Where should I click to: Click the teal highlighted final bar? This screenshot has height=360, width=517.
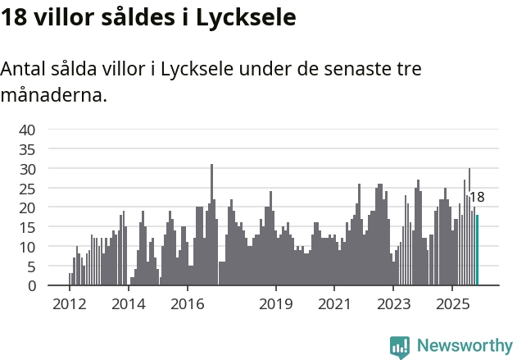click(477, 250)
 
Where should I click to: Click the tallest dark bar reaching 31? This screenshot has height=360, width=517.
click(211, 225)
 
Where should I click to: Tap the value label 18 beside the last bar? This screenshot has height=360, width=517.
click(476, 197)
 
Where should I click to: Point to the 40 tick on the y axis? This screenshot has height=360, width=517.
click(27, 130)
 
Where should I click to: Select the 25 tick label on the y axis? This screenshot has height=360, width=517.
click(27, 189)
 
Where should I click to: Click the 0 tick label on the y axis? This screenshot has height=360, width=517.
click(31, 286)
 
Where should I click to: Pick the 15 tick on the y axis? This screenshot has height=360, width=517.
click(27, 227)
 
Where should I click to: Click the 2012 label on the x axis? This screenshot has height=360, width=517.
click(69, 305)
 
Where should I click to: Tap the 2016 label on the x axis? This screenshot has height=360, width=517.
click(187, 305)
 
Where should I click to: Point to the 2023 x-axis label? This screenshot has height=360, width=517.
click(393, 305)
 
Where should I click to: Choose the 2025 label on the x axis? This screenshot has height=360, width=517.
click(452, 305)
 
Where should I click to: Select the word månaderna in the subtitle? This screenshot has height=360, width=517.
click(52, 96)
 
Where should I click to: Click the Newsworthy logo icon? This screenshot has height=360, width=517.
click(400, 346)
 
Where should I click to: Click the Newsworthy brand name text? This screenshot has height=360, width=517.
click(464, 346)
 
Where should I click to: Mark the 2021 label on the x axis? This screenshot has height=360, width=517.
click(334, 305)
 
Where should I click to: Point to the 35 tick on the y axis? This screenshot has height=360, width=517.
click(27, 149)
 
